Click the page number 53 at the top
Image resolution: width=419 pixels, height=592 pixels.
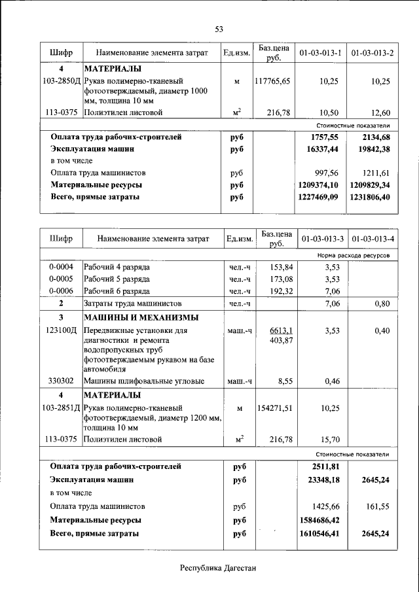pos(219,29)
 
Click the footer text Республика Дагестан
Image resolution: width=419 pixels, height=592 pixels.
pos(218,567)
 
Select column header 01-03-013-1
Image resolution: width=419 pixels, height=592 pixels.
pos(321,52)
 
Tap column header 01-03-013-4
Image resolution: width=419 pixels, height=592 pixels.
pos(373,239)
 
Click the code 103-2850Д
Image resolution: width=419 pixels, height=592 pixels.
pos(61,81)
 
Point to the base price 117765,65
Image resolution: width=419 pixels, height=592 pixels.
pos(272,81)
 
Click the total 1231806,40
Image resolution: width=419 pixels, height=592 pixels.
pos(371,197)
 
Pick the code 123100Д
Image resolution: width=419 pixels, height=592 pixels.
pos(61,331)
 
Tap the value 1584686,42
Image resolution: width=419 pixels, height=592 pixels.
pos(319,520)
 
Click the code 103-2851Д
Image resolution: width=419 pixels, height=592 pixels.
pos(61,408)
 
